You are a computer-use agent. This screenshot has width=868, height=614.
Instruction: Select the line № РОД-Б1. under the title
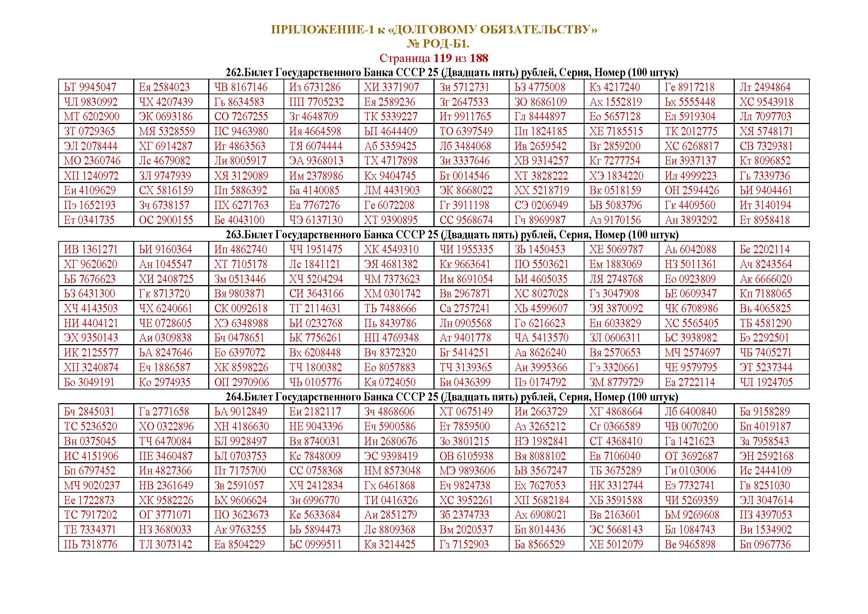point(438,44)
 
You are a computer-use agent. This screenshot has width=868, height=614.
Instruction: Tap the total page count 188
point(479,58)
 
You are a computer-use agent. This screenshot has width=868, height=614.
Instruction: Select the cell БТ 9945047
point(90,87)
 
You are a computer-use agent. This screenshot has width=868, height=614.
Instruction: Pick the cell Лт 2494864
point(765,87)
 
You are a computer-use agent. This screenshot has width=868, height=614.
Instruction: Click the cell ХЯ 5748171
point(766,131)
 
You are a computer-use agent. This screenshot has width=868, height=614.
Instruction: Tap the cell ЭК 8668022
point(466,190)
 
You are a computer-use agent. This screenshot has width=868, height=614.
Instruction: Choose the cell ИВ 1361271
point(91,249)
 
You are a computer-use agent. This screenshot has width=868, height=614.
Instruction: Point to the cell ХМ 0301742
point(392,294)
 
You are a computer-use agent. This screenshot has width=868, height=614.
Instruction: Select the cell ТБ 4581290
point(766,323)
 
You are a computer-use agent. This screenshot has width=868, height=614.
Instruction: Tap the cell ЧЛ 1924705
point(766,382)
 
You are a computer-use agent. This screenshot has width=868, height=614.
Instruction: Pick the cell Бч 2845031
point(89,412)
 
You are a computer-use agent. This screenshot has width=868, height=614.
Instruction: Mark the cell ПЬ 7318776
point(90,545)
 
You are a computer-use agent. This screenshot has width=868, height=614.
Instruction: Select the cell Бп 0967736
point(765,545)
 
